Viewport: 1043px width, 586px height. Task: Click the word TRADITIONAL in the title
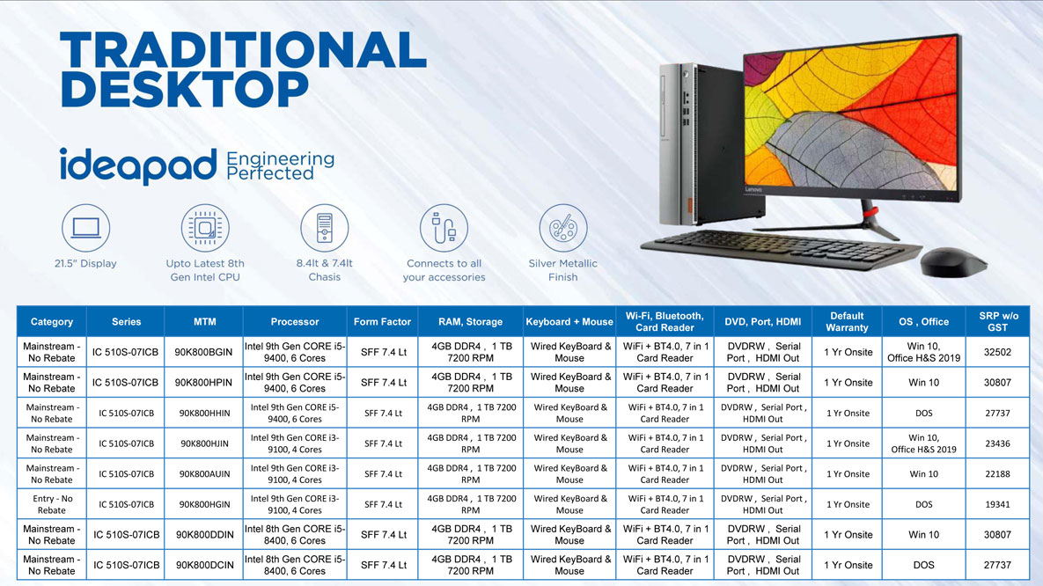244,50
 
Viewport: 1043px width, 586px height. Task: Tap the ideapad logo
138,165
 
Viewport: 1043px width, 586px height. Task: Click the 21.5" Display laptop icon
85,228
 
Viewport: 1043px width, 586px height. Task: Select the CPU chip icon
205,228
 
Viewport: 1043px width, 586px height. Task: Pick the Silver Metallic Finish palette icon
562,228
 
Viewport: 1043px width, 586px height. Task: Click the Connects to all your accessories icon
444,228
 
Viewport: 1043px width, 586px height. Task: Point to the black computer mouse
952,262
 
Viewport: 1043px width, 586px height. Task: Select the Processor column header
295,322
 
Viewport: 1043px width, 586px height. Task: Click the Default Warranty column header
847,322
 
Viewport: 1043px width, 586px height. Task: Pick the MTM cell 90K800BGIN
203,353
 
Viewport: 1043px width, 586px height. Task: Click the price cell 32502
997,353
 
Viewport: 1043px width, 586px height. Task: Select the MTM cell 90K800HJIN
203,443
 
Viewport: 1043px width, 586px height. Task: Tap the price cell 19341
997,504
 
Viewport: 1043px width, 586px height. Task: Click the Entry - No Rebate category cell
52,504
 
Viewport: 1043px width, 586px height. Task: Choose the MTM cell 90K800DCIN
204,566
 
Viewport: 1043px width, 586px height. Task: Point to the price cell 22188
997,474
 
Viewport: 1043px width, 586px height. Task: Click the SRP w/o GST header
998,322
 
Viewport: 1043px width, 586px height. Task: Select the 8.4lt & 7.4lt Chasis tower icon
325,228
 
